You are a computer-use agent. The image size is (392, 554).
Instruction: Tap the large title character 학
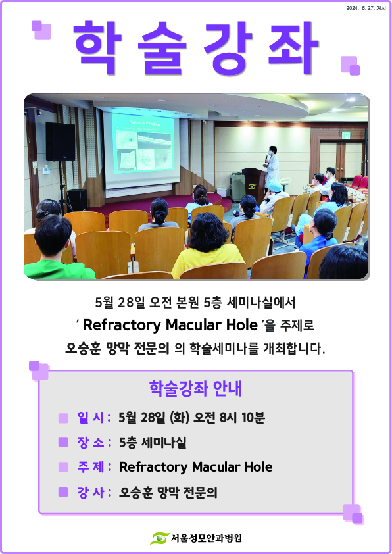[x=97, y=47]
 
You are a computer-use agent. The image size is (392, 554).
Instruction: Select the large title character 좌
[x=293, y=47]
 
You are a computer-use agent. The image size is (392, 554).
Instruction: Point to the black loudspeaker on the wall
[x=61, y=141]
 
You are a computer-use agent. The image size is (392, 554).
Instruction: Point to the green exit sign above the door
[x=346, y=135]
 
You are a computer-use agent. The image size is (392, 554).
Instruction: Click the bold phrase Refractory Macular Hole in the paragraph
[x=170, y=325]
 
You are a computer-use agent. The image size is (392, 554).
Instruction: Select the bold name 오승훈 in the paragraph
[x=84, y=349]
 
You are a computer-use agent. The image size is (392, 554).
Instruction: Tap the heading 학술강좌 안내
[x=195, y=389]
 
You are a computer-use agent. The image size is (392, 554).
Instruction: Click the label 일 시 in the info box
[x=91, y=418]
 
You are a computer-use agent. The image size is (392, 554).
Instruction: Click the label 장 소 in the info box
[x=91, y=442]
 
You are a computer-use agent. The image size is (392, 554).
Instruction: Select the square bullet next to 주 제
[x=63, y=467]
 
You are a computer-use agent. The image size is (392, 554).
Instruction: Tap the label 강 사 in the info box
[x=91, y=491]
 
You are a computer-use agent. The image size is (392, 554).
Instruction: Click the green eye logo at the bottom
[x=160, y=538]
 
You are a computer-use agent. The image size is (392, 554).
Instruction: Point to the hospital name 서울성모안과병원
[x=207, y=538]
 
